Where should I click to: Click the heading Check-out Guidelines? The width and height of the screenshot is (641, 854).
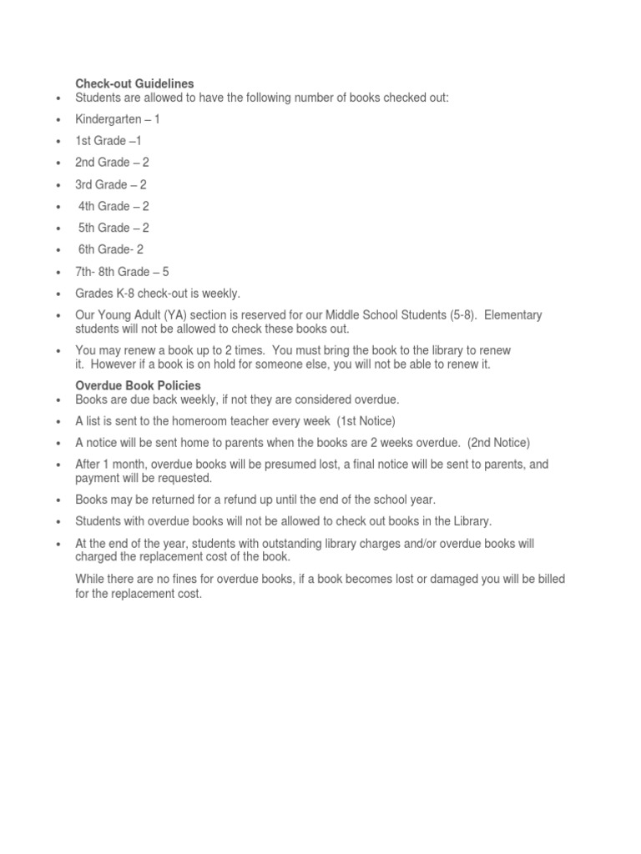(x=134, y=83)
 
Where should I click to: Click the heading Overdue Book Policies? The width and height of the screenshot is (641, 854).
(x=138, y=385)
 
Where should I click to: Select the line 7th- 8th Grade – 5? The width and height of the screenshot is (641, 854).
(x=122, y=272)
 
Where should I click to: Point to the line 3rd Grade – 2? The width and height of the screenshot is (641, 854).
(x=111, y=184)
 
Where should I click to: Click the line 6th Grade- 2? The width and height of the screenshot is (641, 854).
(x=111, y=249)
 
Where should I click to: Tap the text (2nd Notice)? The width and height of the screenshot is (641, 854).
(x=498, y=443)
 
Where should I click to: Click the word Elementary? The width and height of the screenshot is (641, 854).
(x=513, y=315)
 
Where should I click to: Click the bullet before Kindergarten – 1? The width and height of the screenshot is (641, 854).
(x=58, y=121)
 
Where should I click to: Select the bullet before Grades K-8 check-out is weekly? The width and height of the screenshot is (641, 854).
(x=58, y=295)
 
